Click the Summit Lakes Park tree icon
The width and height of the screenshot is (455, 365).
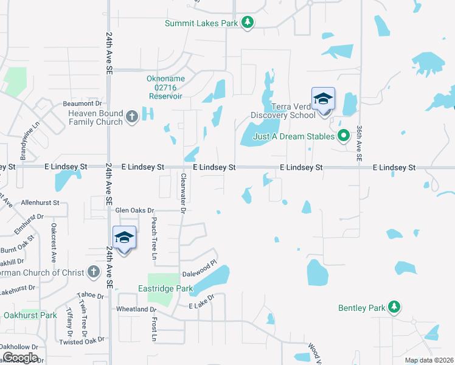click(x=247, y=23)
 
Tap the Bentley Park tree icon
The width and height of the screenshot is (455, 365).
click(x=394, y=308)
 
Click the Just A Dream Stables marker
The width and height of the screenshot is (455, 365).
click(x=344, y=136)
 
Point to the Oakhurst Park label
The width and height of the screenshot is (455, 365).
click(x=30, y=315)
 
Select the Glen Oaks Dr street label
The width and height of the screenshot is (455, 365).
click(x=134, y=210)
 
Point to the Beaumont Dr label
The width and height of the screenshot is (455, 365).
click(x=82, y=103)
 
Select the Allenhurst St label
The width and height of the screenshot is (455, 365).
click(x=40, y=202)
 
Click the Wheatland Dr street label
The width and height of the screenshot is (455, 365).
click(x=136, y=309)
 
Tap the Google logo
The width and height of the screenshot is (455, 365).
click(x=19, y=358)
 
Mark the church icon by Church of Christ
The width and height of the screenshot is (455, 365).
click(x=93, y=272)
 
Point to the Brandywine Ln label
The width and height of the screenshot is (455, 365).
click(x=29, y=139)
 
